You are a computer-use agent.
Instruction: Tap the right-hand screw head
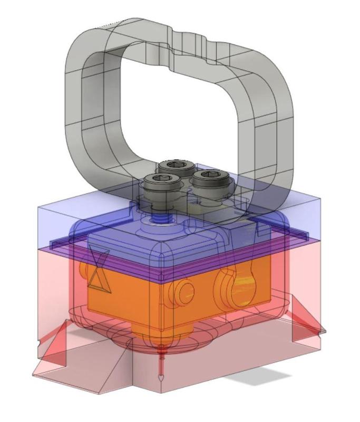[209, 178]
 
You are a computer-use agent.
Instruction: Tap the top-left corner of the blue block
[38, 207]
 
